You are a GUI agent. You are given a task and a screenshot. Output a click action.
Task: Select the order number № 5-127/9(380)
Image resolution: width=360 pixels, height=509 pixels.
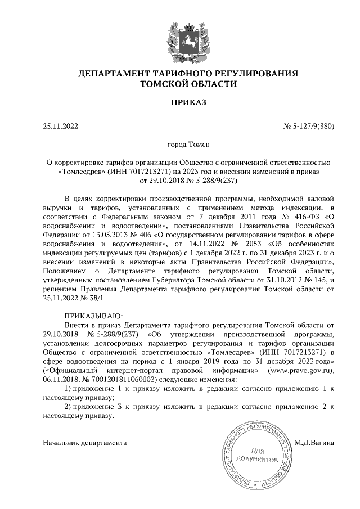[309, 127]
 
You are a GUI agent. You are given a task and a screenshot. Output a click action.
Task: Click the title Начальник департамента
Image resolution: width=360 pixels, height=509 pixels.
[85, 443]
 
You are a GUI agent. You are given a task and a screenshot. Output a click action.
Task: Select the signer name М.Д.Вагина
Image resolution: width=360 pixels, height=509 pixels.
[314, 443]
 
